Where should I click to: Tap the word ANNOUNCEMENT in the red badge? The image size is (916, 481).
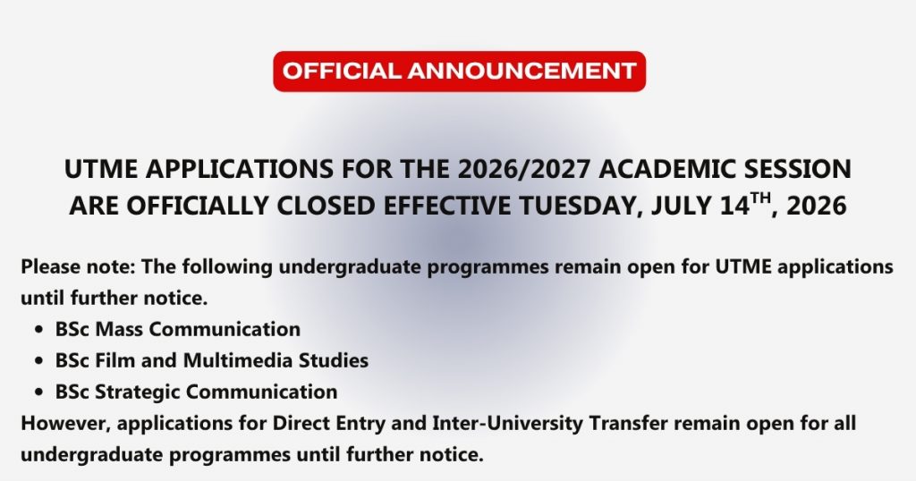pyautogui.click(x=522, y=72)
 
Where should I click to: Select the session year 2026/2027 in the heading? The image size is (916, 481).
pyautogui.click(x=524, y=169)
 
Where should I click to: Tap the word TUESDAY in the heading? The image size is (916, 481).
pyautogui.click(x=581, y=206)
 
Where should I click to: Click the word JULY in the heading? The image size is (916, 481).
pyautogui.click(x=682, y=206)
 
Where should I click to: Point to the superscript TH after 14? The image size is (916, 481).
pyautogui.click(x=760, y=199)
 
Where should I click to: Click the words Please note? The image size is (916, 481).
pyautogui.click(x=79, y=266)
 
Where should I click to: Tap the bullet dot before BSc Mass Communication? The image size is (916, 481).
pyautogui.click(x=39, y=330)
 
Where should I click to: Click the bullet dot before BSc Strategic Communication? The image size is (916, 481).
pyautogui.click(x=39, y=392)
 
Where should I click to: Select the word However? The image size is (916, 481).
pyautogui.click(x=65, y=423)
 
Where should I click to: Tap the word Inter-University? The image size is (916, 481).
pyautogui.click(x=507, y=423)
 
